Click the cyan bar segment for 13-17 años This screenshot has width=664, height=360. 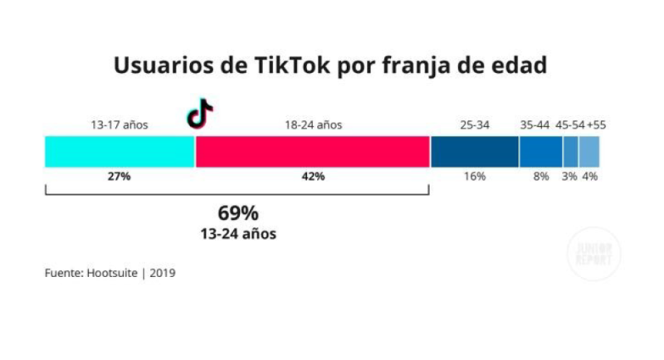click(120, 152)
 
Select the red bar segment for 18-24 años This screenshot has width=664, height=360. click(312, 152)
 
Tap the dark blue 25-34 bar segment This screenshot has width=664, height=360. click(475, 152)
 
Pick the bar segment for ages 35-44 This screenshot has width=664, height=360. click(541, 152)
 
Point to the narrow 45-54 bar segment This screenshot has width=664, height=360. click(571, 152)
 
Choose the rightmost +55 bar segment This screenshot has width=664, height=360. click(589, 152)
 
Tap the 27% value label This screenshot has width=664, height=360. click(120, 177)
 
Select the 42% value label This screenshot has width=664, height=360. click(313, 177)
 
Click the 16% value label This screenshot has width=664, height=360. click(475, 177)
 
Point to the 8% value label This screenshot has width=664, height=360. click(541, 177)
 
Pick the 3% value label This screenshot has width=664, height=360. click(570, 177)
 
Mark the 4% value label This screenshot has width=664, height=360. click(590, 177)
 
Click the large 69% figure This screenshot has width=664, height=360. click(238, 212)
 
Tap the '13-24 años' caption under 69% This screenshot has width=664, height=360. click(238, 234)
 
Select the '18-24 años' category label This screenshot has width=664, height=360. click(313, 125)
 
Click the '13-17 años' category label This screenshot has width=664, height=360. click(120, 125)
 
